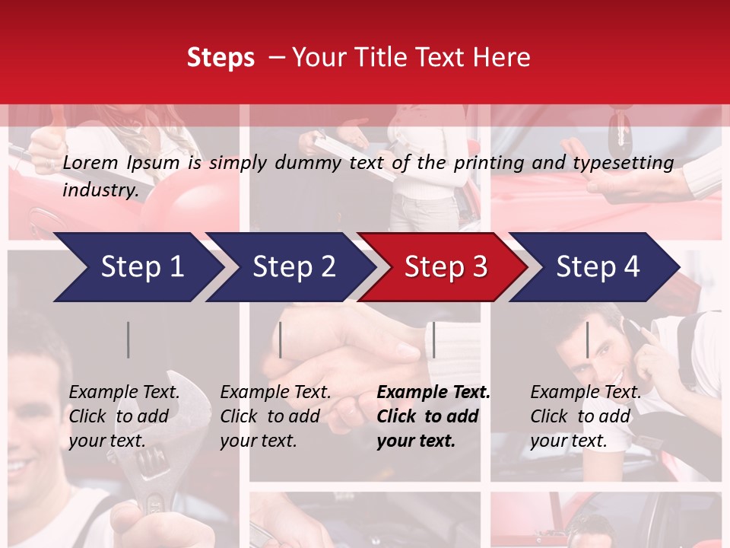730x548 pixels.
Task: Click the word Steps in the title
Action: (x=221, y=58)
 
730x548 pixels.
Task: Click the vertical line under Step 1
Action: (x=129, y=339)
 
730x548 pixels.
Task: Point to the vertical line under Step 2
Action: (x=281, y=339)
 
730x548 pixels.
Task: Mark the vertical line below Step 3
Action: (x=434, y=339)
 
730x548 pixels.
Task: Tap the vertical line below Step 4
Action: (x=588, y=339)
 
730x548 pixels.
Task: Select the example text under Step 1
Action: (x=125, y=416)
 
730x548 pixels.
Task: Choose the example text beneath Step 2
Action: (x=276, y=416)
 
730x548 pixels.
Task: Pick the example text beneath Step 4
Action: (x=586, y=416)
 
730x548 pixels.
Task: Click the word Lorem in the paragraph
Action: (x=90, y=162)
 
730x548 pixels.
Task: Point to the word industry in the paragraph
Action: (x=100, y=190)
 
